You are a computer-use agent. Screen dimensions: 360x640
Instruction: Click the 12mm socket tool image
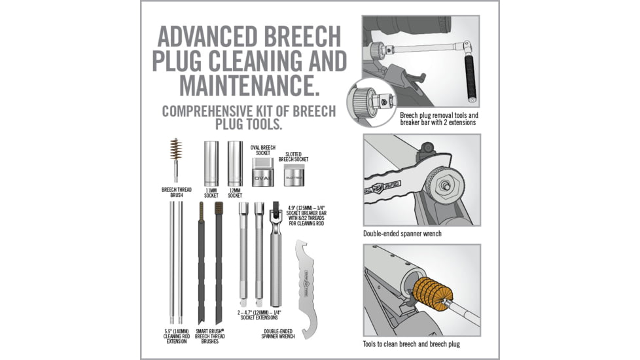[x=235, y=164]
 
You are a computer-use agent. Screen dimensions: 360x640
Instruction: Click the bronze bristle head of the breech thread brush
[x=175, y=149]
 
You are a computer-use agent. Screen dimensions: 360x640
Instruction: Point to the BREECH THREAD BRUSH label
[x=177, y=192]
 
